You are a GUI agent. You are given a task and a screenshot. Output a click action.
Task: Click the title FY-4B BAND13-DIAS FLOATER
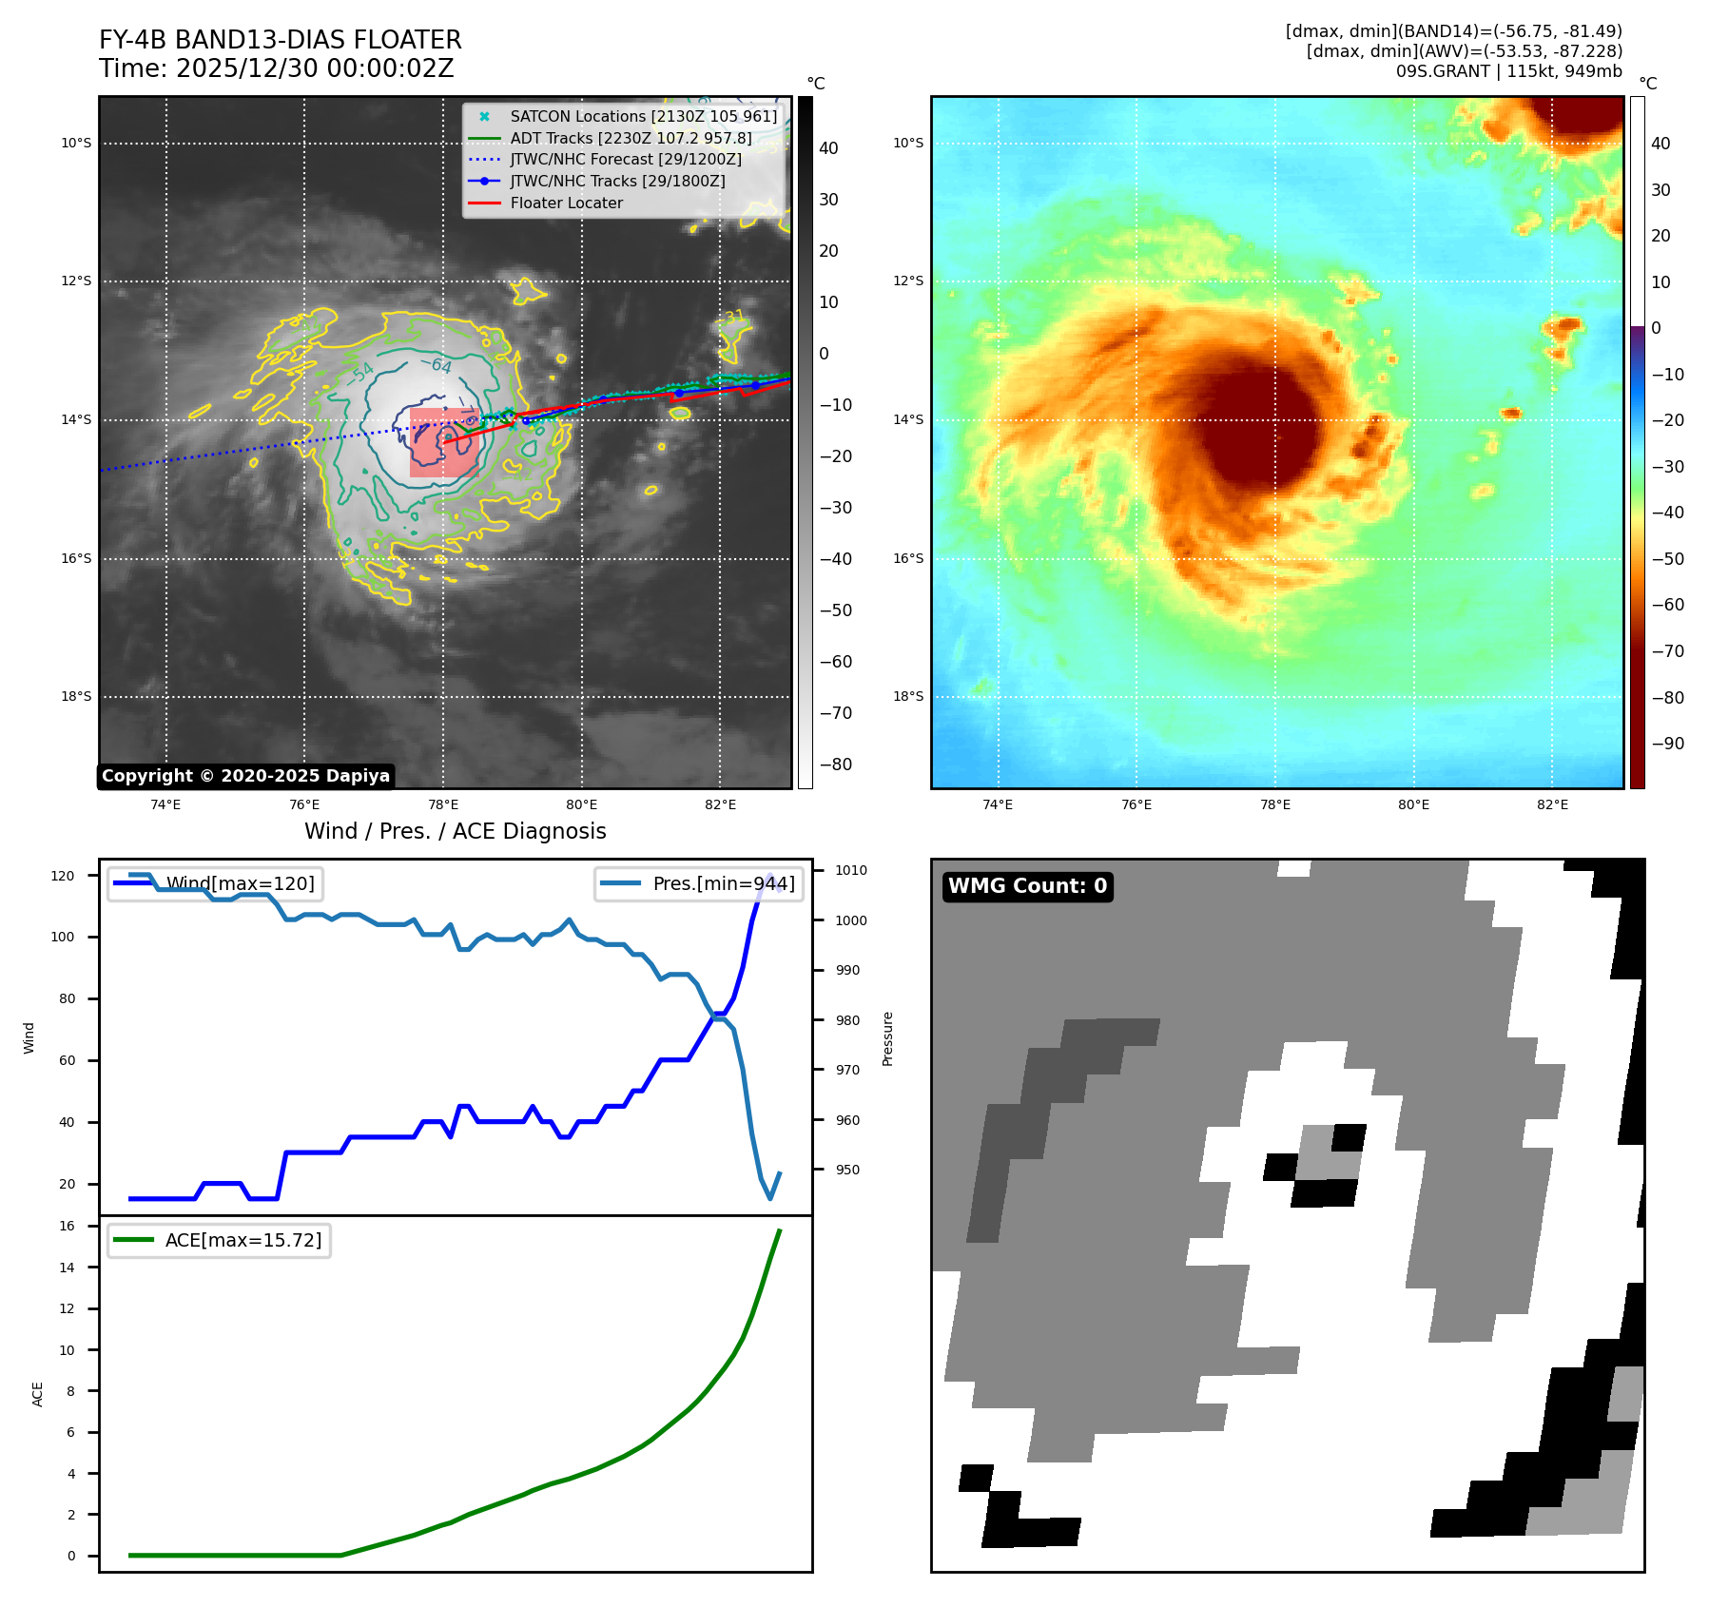click(x=280, y=40)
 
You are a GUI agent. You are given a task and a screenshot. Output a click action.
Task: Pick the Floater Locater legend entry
click(x=566, y=203)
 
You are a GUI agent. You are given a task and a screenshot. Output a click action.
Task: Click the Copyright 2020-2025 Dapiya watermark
click(x=245, y=776)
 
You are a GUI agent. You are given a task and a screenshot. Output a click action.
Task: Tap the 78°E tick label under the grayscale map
click(x=443, y=805)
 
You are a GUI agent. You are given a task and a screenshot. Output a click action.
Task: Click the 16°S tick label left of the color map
click(x=907, y=558)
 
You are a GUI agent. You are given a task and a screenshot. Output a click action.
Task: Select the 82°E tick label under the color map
click(x=1552, y=805)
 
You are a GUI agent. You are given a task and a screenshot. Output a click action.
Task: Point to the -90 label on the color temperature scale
click(x=1667, y=744)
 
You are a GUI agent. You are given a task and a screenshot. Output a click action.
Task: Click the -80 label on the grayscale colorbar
click(x=836, y=765)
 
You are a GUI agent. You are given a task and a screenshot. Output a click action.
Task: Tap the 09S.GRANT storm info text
click(x=1508, y=71)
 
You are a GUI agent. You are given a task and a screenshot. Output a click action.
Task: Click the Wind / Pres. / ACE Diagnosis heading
click(x=455, y=831)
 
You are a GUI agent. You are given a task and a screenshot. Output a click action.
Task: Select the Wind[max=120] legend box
click(x=215, y=883)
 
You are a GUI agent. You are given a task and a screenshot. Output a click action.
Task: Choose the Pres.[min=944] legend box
click(x=698, y=883)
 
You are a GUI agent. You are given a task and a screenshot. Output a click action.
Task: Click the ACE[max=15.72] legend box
click(x=219, y=1240)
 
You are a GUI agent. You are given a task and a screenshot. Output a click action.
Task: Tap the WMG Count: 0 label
click(x=1027, y=886)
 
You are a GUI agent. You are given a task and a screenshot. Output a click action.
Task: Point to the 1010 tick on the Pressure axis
click(x=851, y=870)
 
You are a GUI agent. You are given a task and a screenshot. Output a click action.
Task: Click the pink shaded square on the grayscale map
click(x=444, y=443)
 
